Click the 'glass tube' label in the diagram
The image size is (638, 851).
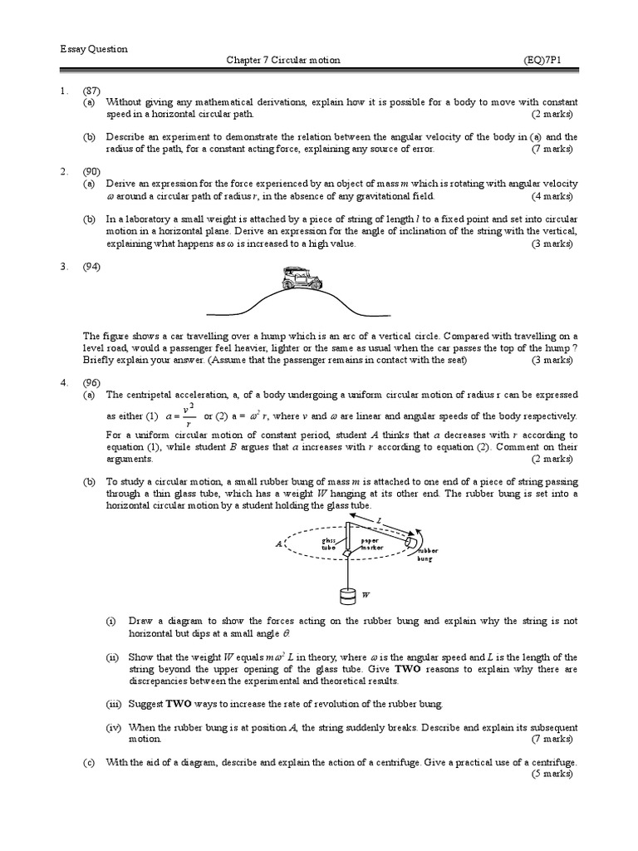[x=330, y=544]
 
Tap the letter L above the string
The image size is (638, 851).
[x=378, y=520]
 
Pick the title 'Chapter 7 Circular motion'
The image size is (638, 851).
[x=283, y=61]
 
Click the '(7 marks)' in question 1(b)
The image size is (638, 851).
[x=552, y=149]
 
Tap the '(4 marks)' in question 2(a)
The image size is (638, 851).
[x=552, y=195]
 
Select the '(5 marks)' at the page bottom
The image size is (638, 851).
[x=552, y=774]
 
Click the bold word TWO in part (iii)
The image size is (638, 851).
[x=179, y=703]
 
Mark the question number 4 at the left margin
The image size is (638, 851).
[x=63, y=382]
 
